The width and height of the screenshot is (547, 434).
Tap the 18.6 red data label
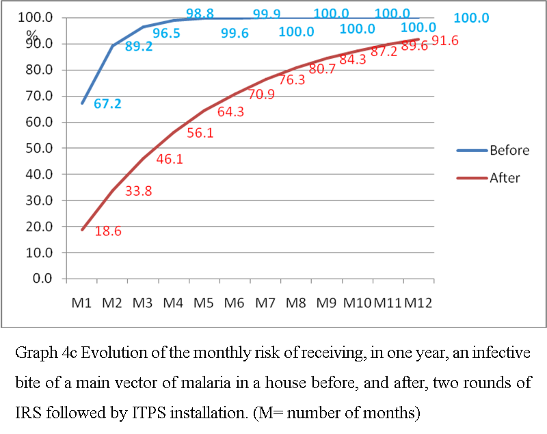click(x=108, y=232)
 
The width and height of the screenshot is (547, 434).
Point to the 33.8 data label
click(x=139, y=191)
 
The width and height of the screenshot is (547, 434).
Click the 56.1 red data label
click(x=200, y=133)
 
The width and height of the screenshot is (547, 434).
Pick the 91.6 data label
click(x=445, y=40)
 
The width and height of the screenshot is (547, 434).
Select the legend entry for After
click(x=505, y=178)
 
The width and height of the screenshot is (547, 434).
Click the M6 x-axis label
click(x=234, y=303)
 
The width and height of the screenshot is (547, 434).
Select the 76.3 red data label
click(x=292, y=79)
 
